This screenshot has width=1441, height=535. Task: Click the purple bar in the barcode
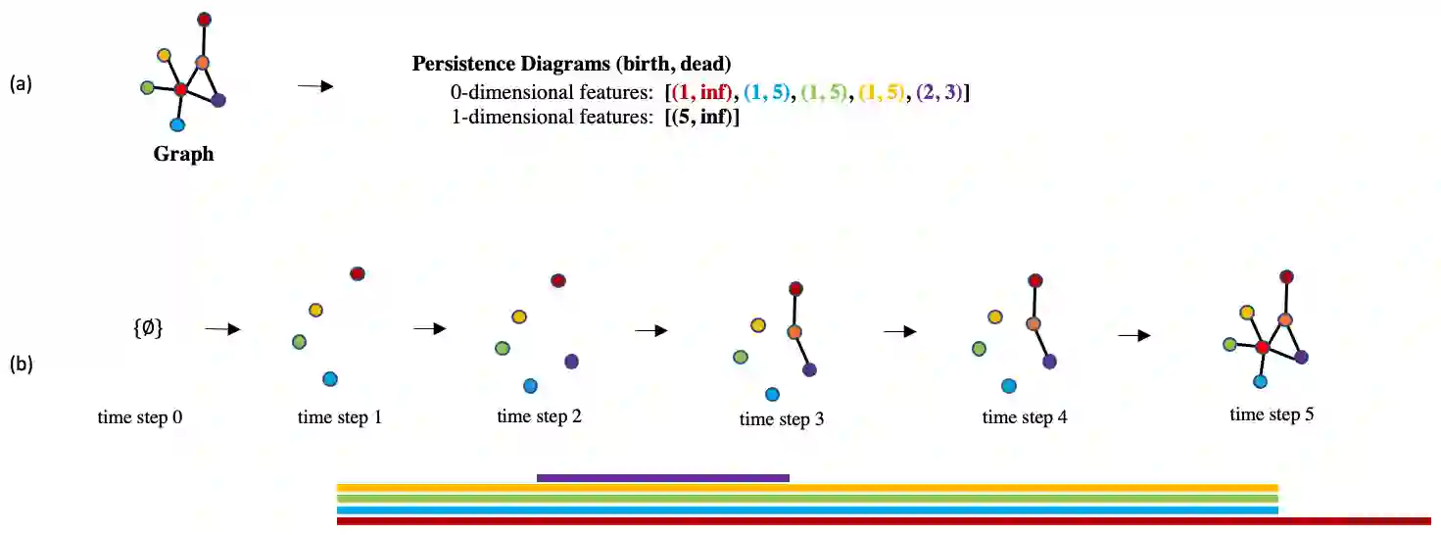pos(662,478)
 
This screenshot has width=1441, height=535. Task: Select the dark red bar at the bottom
pos(882,521)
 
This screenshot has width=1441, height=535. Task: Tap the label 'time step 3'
pos(782,420)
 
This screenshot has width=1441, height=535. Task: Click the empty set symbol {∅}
pos(147,330)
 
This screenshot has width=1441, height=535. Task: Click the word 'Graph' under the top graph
pos(183,154)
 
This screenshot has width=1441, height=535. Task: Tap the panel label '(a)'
pos(21,84)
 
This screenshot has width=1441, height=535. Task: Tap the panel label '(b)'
pos(21,365)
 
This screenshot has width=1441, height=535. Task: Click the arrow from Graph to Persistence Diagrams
pos(315,87)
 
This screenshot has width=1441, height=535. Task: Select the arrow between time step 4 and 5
pos(1133,335)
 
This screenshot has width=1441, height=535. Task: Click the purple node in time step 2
pos(572,362)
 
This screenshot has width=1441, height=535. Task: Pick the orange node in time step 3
pos(794,332)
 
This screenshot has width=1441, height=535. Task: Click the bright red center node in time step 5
pos(1263,348)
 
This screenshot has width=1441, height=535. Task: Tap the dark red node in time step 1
pos(358,273)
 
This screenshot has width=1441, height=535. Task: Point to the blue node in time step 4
pos(1008,386)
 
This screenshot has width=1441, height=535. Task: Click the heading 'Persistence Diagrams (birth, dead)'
pos(571,65)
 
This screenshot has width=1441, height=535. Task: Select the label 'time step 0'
pos(140,417)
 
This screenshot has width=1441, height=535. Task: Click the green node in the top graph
pos(147,88)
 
